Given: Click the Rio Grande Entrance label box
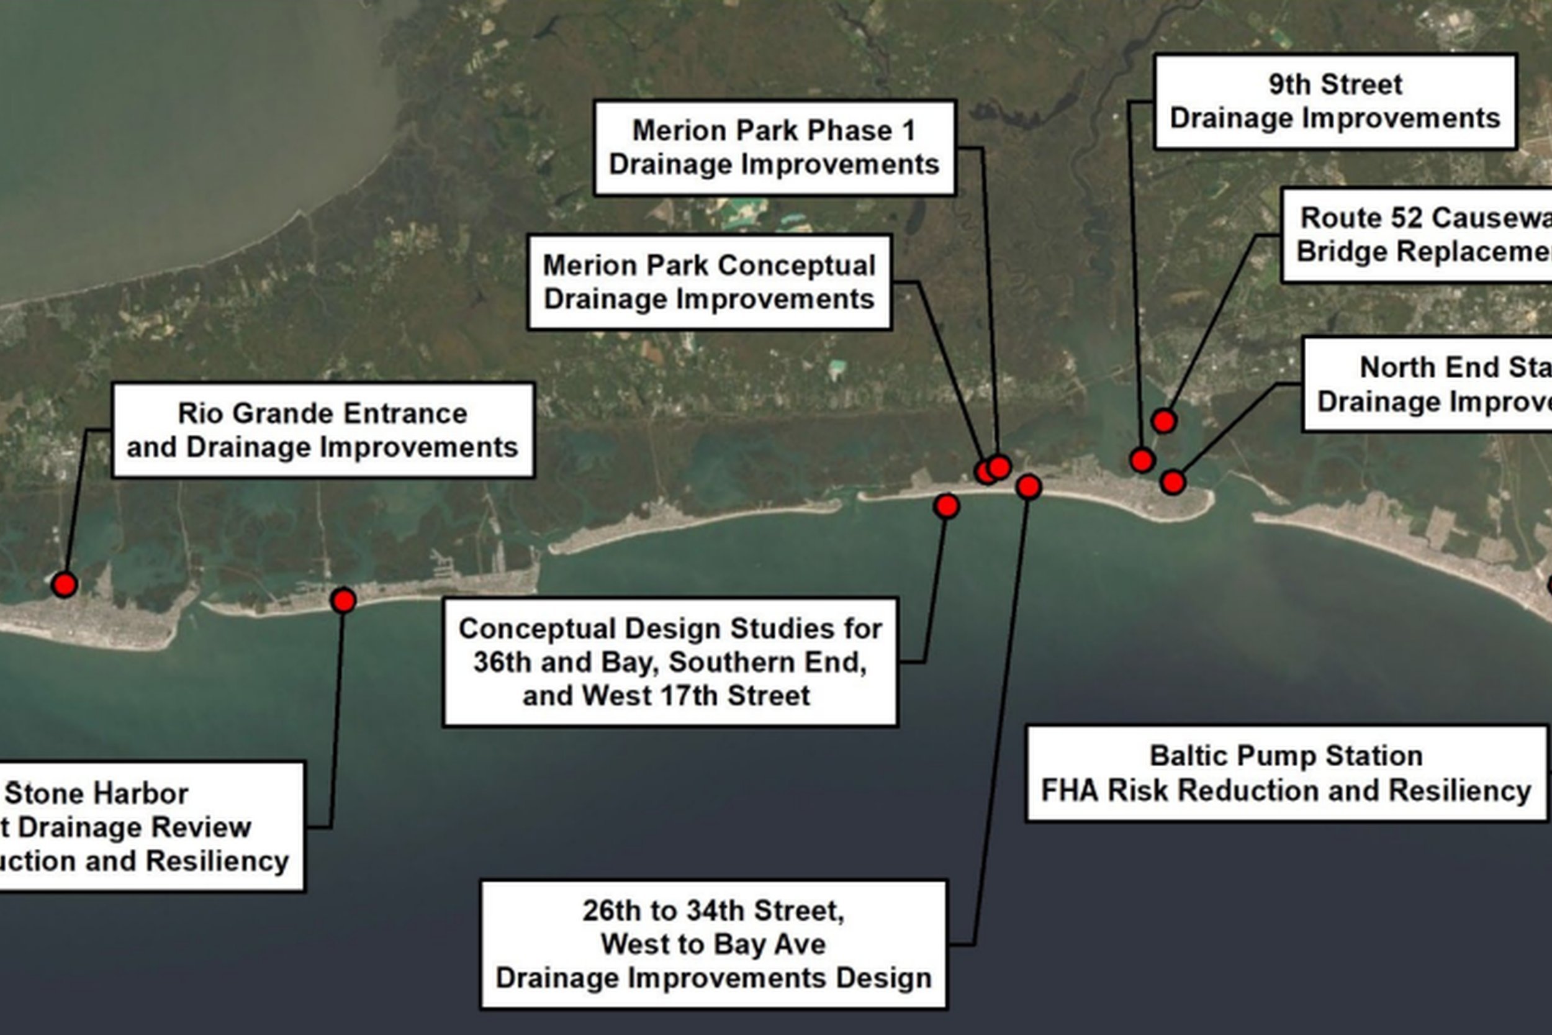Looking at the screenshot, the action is click(x=323, y=430).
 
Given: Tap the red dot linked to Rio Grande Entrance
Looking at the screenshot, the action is click(x=65, y=584).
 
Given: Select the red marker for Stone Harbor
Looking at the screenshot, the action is click(x=343, y=600).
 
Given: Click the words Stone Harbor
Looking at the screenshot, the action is click(x=97, y=793).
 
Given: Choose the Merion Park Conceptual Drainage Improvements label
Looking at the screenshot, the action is click(x=710, y=282).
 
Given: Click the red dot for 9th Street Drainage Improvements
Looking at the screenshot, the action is click(x=1142, y=460).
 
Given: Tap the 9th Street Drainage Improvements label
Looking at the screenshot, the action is click(x=1335, y=102).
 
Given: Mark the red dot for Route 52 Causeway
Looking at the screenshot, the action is click(x=1164, y=420).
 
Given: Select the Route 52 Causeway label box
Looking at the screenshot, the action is click(x=1419, y=235).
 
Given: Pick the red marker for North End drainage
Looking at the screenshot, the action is click(x=1173, y=482).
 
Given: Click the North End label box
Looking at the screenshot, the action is click(x=1428, y=384).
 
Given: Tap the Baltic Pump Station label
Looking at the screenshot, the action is click(x=1286, y=773).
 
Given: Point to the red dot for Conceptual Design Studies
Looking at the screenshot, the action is click(x=946, y=506).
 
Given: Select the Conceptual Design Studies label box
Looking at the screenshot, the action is click(x=670, y=662).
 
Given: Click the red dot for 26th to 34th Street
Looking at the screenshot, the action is click(x=1029, y=487).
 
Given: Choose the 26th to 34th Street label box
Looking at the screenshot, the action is click(x=713, y=944).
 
